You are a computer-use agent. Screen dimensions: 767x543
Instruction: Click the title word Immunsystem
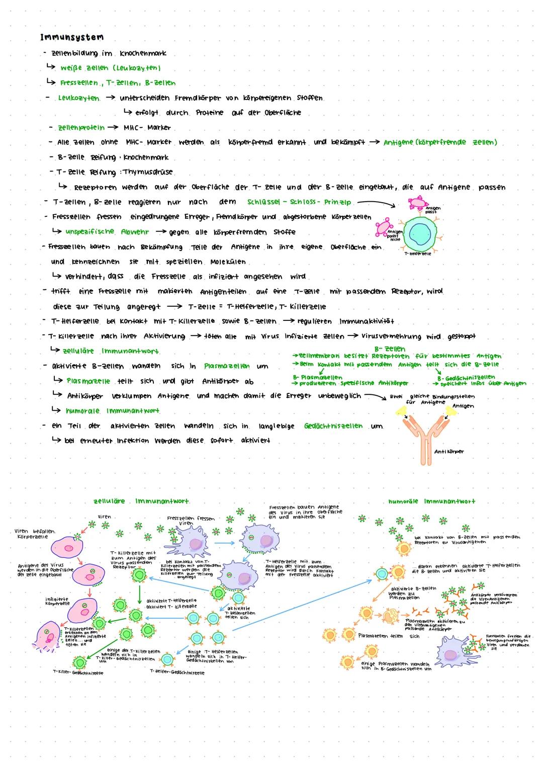(72, 37)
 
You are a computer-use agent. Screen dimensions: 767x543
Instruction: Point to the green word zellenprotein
(81, 127)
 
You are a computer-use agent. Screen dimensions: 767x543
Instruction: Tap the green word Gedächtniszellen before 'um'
(333, 426)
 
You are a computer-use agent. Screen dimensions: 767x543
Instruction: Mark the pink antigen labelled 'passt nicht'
(386, 227)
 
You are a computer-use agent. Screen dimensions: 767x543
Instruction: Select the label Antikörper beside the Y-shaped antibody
(449, 452)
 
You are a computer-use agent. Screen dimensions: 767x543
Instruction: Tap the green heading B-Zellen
(390, 349)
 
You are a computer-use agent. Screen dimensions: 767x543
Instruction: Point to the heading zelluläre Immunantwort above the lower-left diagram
(141, 501)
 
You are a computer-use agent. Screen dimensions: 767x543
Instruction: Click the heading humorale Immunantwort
(431, 501)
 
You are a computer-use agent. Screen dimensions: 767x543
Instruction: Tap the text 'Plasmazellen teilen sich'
(389, 636)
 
